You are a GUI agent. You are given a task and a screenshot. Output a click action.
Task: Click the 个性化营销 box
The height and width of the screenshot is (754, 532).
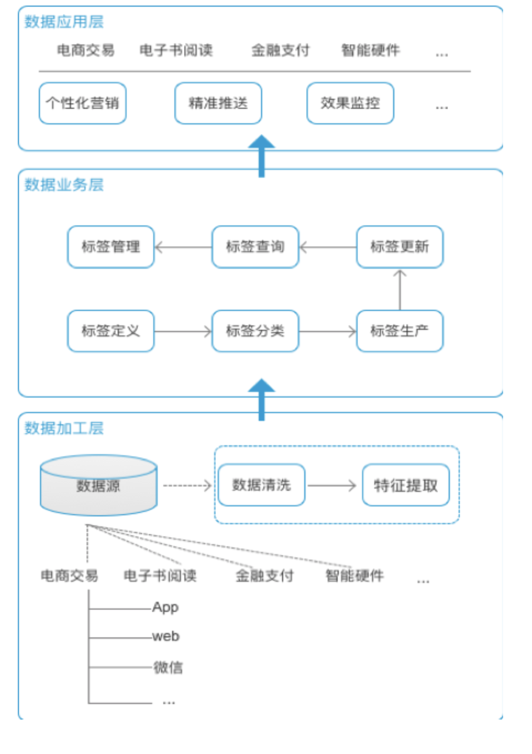(x=82, y=103)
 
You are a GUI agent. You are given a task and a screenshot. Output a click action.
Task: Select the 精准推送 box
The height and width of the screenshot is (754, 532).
(x=218, y=103)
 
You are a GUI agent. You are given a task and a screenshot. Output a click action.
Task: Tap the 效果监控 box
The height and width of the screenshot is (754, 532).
(x=350, y=103)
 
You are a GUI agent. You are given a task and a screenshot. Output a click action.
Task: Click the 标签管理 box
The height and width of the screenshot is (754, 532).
(x=111, y=247)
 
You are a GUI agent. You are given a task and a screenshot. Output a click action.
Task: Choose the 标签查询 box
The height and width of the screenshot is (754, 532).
(x=255, y=247)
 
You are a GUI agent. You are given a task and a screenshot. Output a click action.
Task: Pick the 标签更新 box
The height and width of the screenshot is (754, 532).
(x=399, y=247)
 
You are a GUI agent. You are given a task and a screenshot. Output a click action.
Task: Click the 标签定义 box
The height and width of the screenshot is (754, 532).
(x=111, y=331)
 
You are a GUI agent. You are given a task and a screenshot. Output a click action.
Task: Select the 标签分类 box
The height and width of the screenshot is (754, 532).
(x=255, y=331)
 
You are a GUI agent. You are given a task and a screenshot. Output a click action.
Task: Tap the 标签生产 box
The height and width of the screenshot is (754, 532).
(x=399, y=331)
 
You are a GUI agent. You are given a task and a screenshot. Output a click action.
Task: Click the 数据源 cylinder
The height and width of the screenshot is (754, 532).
(x=98, y=486)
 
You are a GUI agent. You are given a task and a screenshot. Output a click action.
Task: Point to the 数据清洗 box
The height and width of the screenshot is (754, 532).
(x=261, y=485)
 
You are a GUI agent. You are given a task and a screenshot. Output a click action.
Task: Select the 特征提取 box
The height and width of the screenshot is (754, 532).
(x=405, y=485)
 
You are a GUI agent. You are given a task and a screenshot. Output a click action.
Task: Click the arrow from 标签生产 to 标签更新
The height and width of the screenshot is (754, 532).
(x=399, y=289)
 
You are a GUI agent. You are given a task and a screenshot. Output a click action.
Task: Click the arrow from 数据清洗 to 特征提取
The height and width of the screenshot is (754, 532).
(x=333, y=485)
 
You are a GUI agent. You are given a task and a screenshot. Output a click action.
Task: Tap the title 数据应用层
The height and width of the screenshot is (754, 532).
(x=64, y=22)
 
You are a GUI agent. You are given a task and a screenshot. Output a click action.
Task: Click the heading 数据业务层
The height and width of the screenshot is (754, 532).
(x=64, y=184)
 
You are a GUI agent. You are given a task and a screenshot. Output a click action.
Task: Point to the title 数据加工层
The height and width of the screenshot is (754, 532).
(x=64, y=428)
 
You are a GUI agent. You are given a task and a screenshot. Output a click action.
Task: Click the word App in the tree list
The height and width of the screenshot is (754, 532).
(x=165, y=607)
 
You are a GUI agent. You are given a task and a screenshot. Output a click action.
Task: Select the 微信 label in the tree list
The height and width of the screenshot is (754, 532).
(x=168, y=667)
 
